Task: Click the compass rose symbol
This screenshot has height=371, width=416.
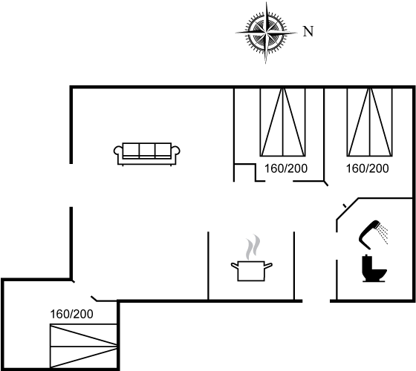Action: [266, 33]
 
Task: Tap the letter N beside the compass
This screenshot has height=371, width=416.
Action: [308, 31]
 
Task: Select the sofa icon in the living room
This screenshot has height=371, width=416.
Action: [147, 154]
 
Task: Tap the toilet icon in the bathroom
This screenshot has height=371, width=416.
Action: [374, 268]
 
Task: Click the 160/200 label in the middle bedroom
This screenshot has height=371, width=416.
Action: [286, 168]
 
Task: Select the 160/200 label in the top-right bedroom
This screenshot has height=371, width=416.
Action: [368, 168]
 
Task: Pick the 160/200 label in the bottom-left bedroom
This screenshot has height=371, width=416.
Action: [71, 315]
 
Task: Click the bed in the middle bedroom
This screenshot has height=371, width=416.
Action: [283, 122]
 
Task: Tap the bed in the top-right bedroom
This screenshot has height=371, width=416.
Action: [370, 122]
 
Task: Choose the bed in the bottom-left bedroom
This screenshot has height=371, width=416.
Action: [83, 346]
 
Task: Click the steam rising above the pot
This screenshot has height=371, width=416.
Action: [253, 247]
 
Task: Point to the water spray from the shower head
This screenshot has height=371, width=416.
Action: [383, 234]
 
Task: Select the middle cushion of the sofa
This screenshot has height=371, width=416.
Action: [147, 150]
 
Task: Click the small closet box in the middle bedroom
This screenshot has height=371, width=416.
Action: [245, 172]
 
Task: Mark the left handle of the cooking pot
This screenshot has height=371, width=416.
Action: [235, 265]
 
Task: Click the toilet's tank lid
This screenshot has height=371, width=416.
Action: [366, 256]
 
